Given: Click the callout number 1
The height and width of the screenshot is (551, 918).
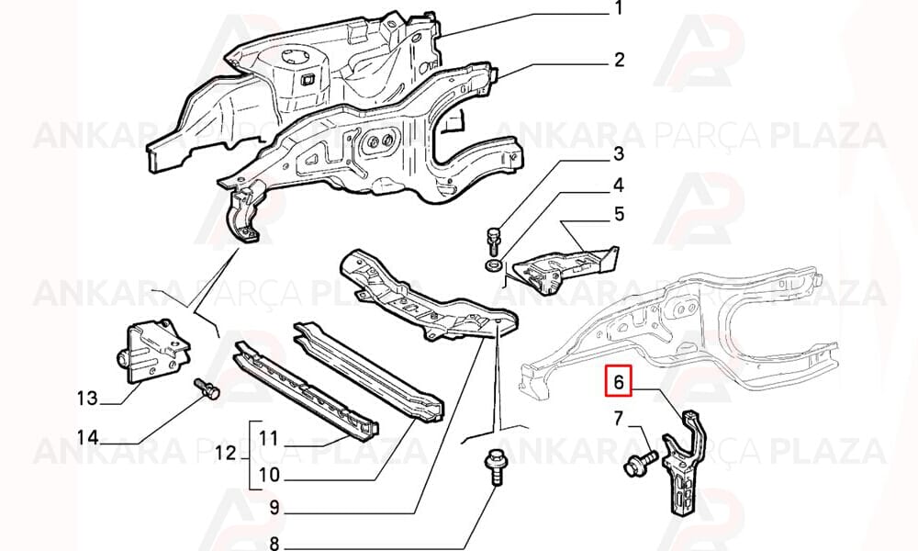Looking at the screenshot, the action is click(618, 9).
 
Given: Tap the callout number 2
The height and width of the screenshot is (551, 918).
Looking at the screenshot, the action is click(619, 60).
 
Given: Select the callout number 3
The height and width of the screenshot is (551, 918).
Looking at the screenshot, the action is click(618, 154).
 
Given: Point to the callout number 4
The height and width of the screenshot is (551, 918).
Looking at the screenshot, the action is click(618, 186).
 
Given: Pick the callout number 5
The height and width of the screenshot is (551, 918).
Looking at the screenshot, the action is click(619, 214).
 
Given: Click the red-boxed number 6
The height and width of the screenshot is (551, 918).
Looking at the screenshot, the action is click(619, 382).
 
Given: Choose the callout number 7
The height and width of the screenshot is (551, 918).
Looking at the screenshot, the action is click(620, 419).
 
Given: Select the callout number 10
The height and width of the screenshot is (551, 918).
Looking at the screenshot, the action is click(269, 475).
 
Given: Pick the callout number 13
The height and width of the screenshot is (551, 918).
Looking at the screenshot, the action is click(87, 399).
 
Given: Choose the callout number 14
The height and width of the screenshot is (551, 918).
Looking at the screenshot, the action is click(88, 437).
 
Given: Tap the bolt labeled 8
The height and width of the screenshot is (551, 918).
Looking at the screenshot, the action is click(495, 467).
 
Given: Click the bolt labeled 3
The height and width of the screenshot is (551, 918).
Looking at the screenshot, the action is click(493, 240).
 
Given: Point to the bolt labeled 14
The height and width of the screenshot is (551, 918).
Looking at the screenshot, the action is click(207, 388).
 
